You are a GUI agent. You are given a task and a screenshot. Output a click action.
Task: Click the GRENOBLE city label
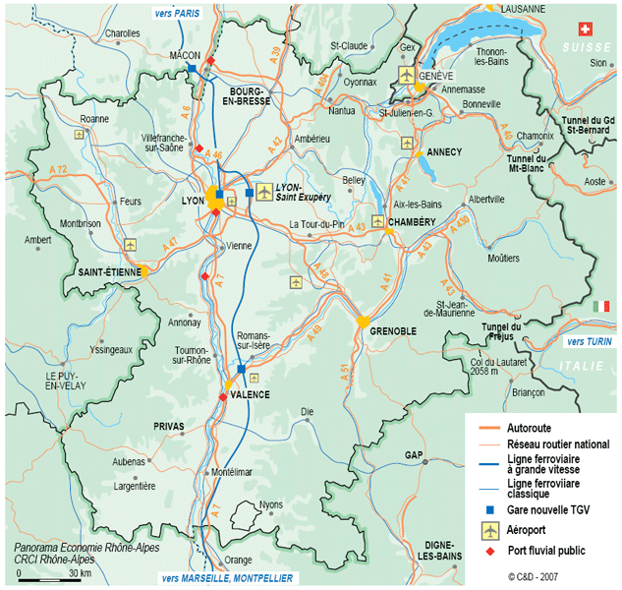(396, 331)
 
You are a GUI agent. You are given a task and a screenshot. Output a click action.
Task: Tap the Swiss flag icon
(588, 29)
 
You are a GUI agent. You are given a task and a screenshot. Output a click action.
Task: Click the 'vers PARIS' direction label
(176, 13)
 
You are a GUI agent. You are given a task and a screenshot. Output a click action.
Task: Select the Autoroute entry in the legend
(530, 428)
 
